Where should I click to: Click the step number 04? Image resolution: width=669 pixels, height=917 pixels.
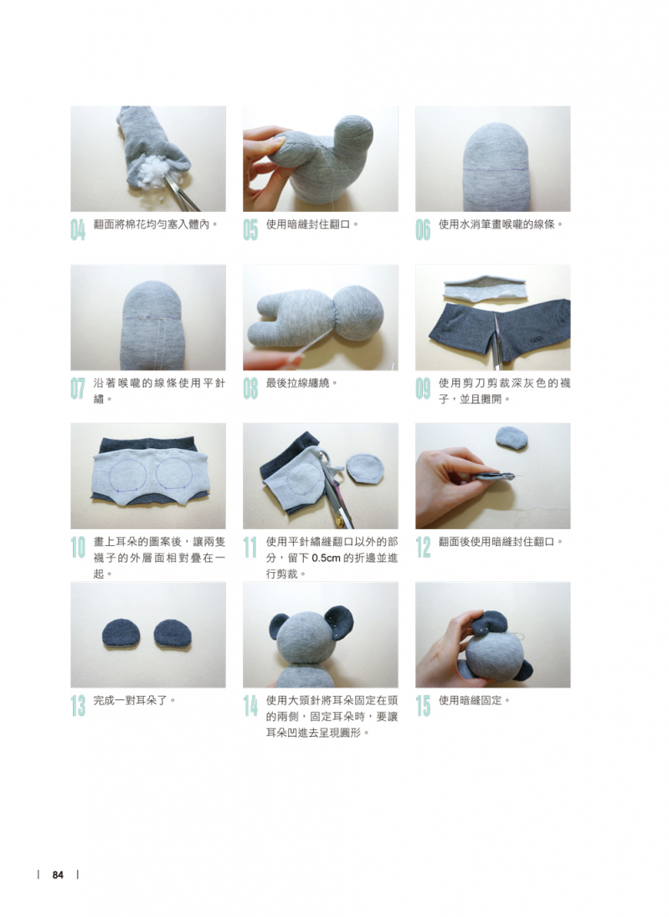(78, 229)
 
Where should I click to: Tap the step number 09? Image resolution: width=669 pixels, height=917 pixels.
(422, 389)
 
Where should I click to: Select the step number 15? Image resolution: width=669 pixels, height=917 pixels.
(422, 706)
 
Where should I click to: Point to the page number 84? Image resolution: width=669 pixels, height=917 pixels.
(57, 875)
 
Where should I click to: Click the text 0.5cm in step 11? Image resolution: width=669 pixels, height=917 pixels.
(326, 558)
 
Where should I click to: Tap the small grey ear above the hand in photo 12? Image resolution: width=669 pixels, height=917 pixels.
(511, 439)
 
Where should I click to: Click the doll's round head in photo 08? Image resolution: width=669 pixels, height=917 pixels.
(358, 312)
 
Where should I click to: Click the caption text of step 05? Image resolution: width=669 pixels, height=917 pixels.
(311, 224)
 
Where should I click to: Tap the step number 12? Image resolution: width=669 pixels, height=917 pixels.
(422, 548)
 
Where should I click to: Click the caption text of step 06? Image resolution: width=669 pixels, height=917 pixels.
(501, 224)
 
